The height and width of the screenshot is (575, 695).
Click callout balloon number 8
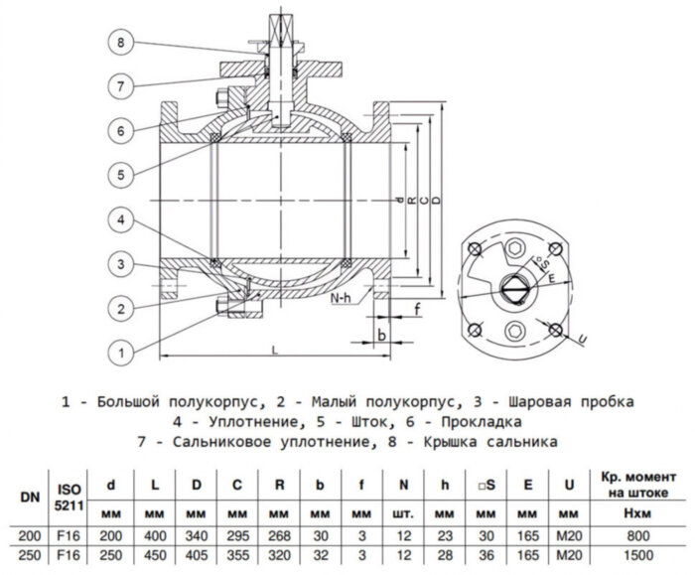pos(120,43)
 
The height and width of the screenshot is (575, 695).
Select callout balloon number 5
pos(120,175)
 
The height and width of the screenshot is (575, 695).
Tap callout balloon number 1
pos(120,351)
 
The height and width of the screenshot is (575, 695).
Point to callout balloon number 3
pos(120,264)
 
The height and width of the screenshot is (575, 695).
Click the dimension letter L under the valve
pos(271,351)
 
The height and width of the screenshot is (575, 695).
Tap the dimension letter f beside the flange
pos(417,309)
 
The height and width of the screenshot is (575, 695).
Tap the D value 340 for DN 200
pos(195,534)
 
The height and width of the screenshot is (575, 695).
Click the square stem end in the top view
pos(514,287)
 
